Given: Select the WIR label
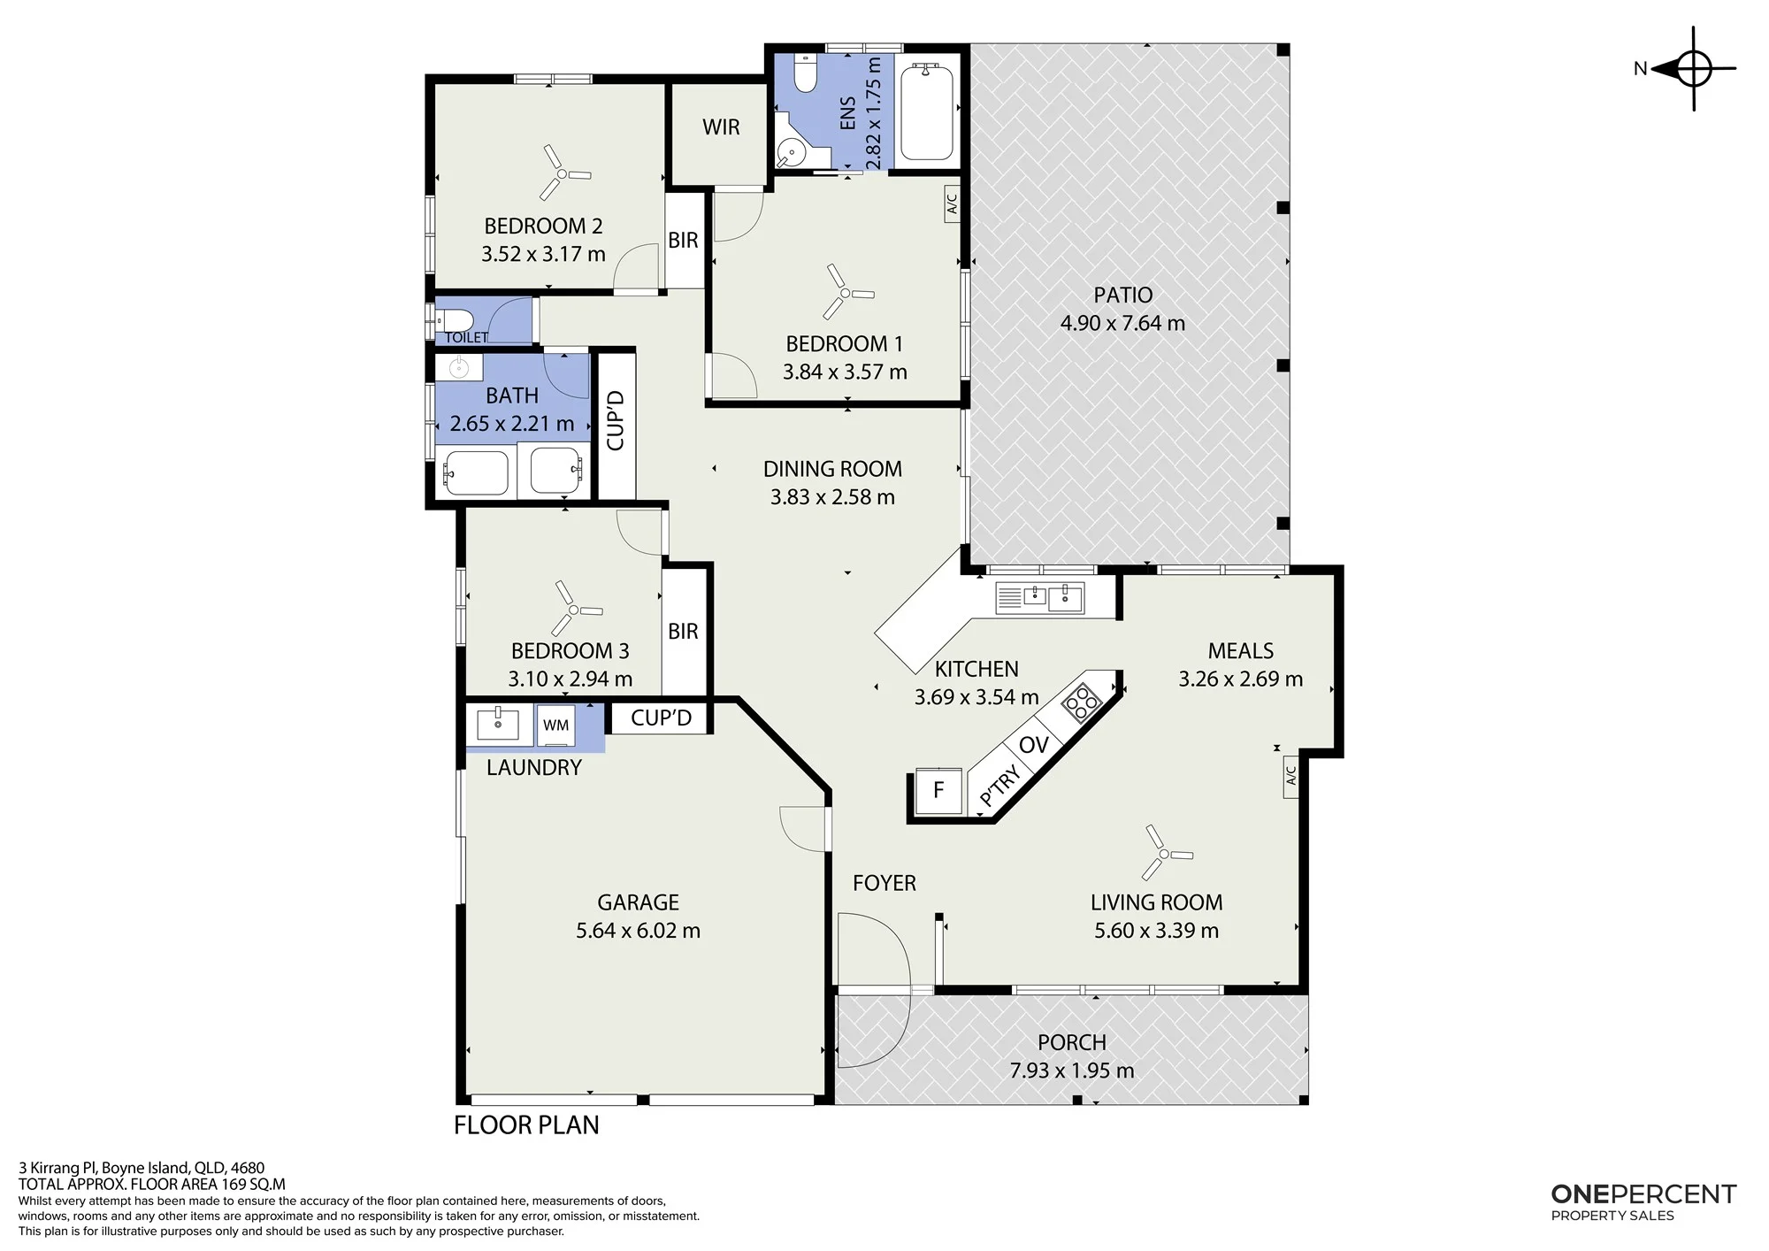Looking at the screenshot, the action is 721,127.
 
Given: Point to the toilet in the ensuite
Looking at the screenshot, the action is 804,73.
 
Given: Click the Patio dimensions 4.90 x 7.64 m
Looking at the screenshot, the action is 1122,323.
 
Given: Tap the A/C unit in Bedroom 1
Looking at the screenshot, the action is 952,204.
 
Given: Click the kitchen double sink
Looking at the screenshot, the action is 1039,597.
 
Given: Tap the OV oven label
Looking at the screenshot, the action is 1033,745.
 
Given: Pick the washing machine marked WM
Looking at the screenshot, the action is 555,725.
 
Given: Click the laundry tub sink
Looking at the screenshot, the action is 497,724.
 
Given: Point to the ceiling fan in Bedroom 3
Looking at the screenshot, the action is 575,609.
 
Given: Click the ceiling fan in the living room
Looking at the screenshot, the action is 1165,853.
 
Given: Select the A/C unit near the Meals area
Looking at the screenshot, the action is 1290,777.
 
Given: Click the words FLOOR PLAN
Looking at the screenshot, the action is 526,1125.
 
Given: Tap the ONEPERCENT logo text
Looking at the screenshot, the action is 1643,1194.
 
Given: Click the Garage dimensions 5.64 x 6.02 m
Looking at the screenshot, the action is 638,931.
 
